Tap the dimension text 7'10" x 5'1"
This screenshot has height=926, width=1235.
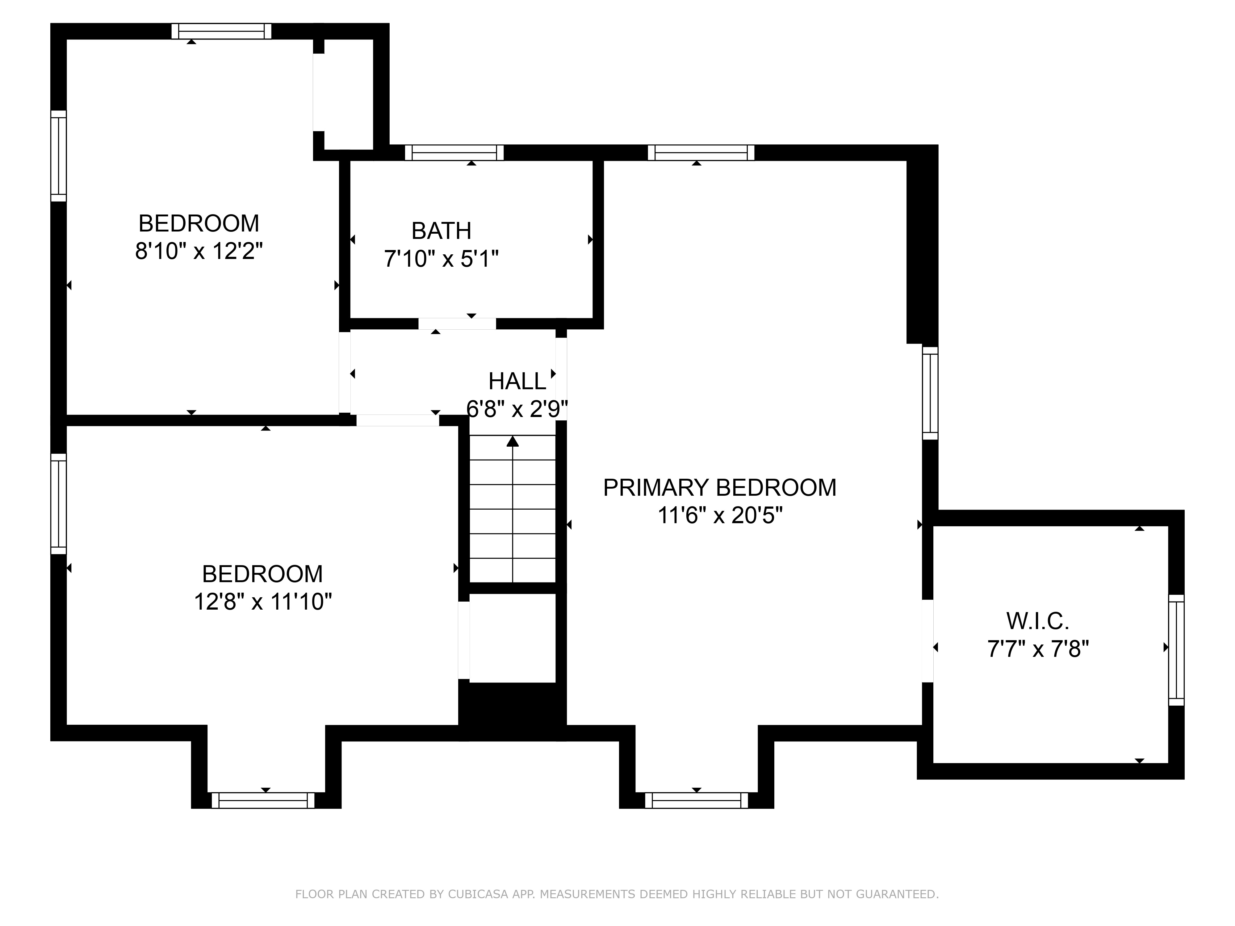coord(441,259)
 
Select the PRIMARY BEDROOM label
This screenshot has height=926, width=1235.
coord(720,488)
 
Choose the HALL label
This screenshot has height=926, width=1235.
coord(517,382)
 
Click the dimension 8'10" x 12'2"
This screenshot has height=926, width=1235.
coord(199,251)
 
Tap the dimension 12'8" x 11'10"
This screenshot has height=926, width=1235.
coord(262,602)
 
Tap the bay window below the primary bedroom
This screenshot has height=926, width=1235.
coord(696,800)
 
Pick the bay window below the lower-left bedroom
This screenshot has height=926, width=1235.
coord(263,800)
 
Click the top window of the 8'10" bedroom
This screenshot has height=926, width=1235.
coord(221,31)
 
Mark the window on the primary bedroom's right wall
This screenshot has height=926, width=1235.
coord(930,393)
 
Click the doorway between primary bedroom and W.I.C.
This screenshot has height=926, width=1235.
coord(927,641)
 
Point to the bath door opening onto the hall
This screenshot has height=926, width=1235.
coord(457,324)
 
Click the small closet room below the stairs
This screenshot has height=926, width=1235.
coord(513,637)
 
